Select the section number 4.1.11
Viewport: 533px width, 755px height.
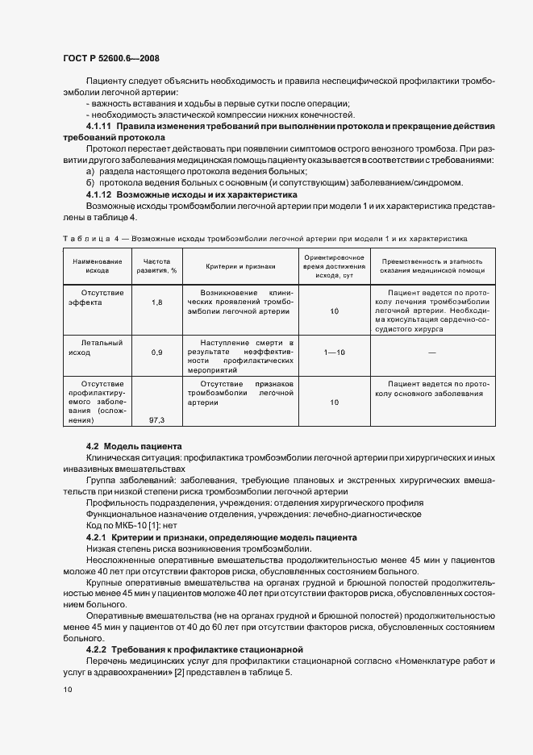click(x=100, y=127)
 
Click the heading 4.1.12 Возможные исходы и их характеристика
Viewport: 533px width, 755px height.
click(x=192, y=195)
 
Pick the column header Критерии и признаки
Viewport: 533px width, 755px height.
click(x=240, y=265)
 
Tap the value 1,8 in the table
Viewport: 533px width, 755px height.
click(x=157, y=302)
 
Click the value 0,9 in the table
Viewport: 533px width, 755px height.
click(x=157, y=352)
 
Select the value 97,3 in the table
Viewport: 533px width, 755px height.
click(x=157, y=420)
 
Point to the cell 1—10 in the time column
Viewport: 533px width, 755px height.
click(x=334, y=352)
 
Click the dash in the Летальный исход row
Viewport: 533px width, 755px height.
click(x=432, y=352)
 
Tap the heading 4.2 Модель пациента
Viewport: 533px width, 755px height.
click(x=134, y=446)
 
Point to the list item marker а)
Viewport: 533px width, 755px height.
click(x=90, y=172)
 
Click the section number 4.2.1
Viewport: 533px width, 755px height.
click(x=97, y=536)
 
